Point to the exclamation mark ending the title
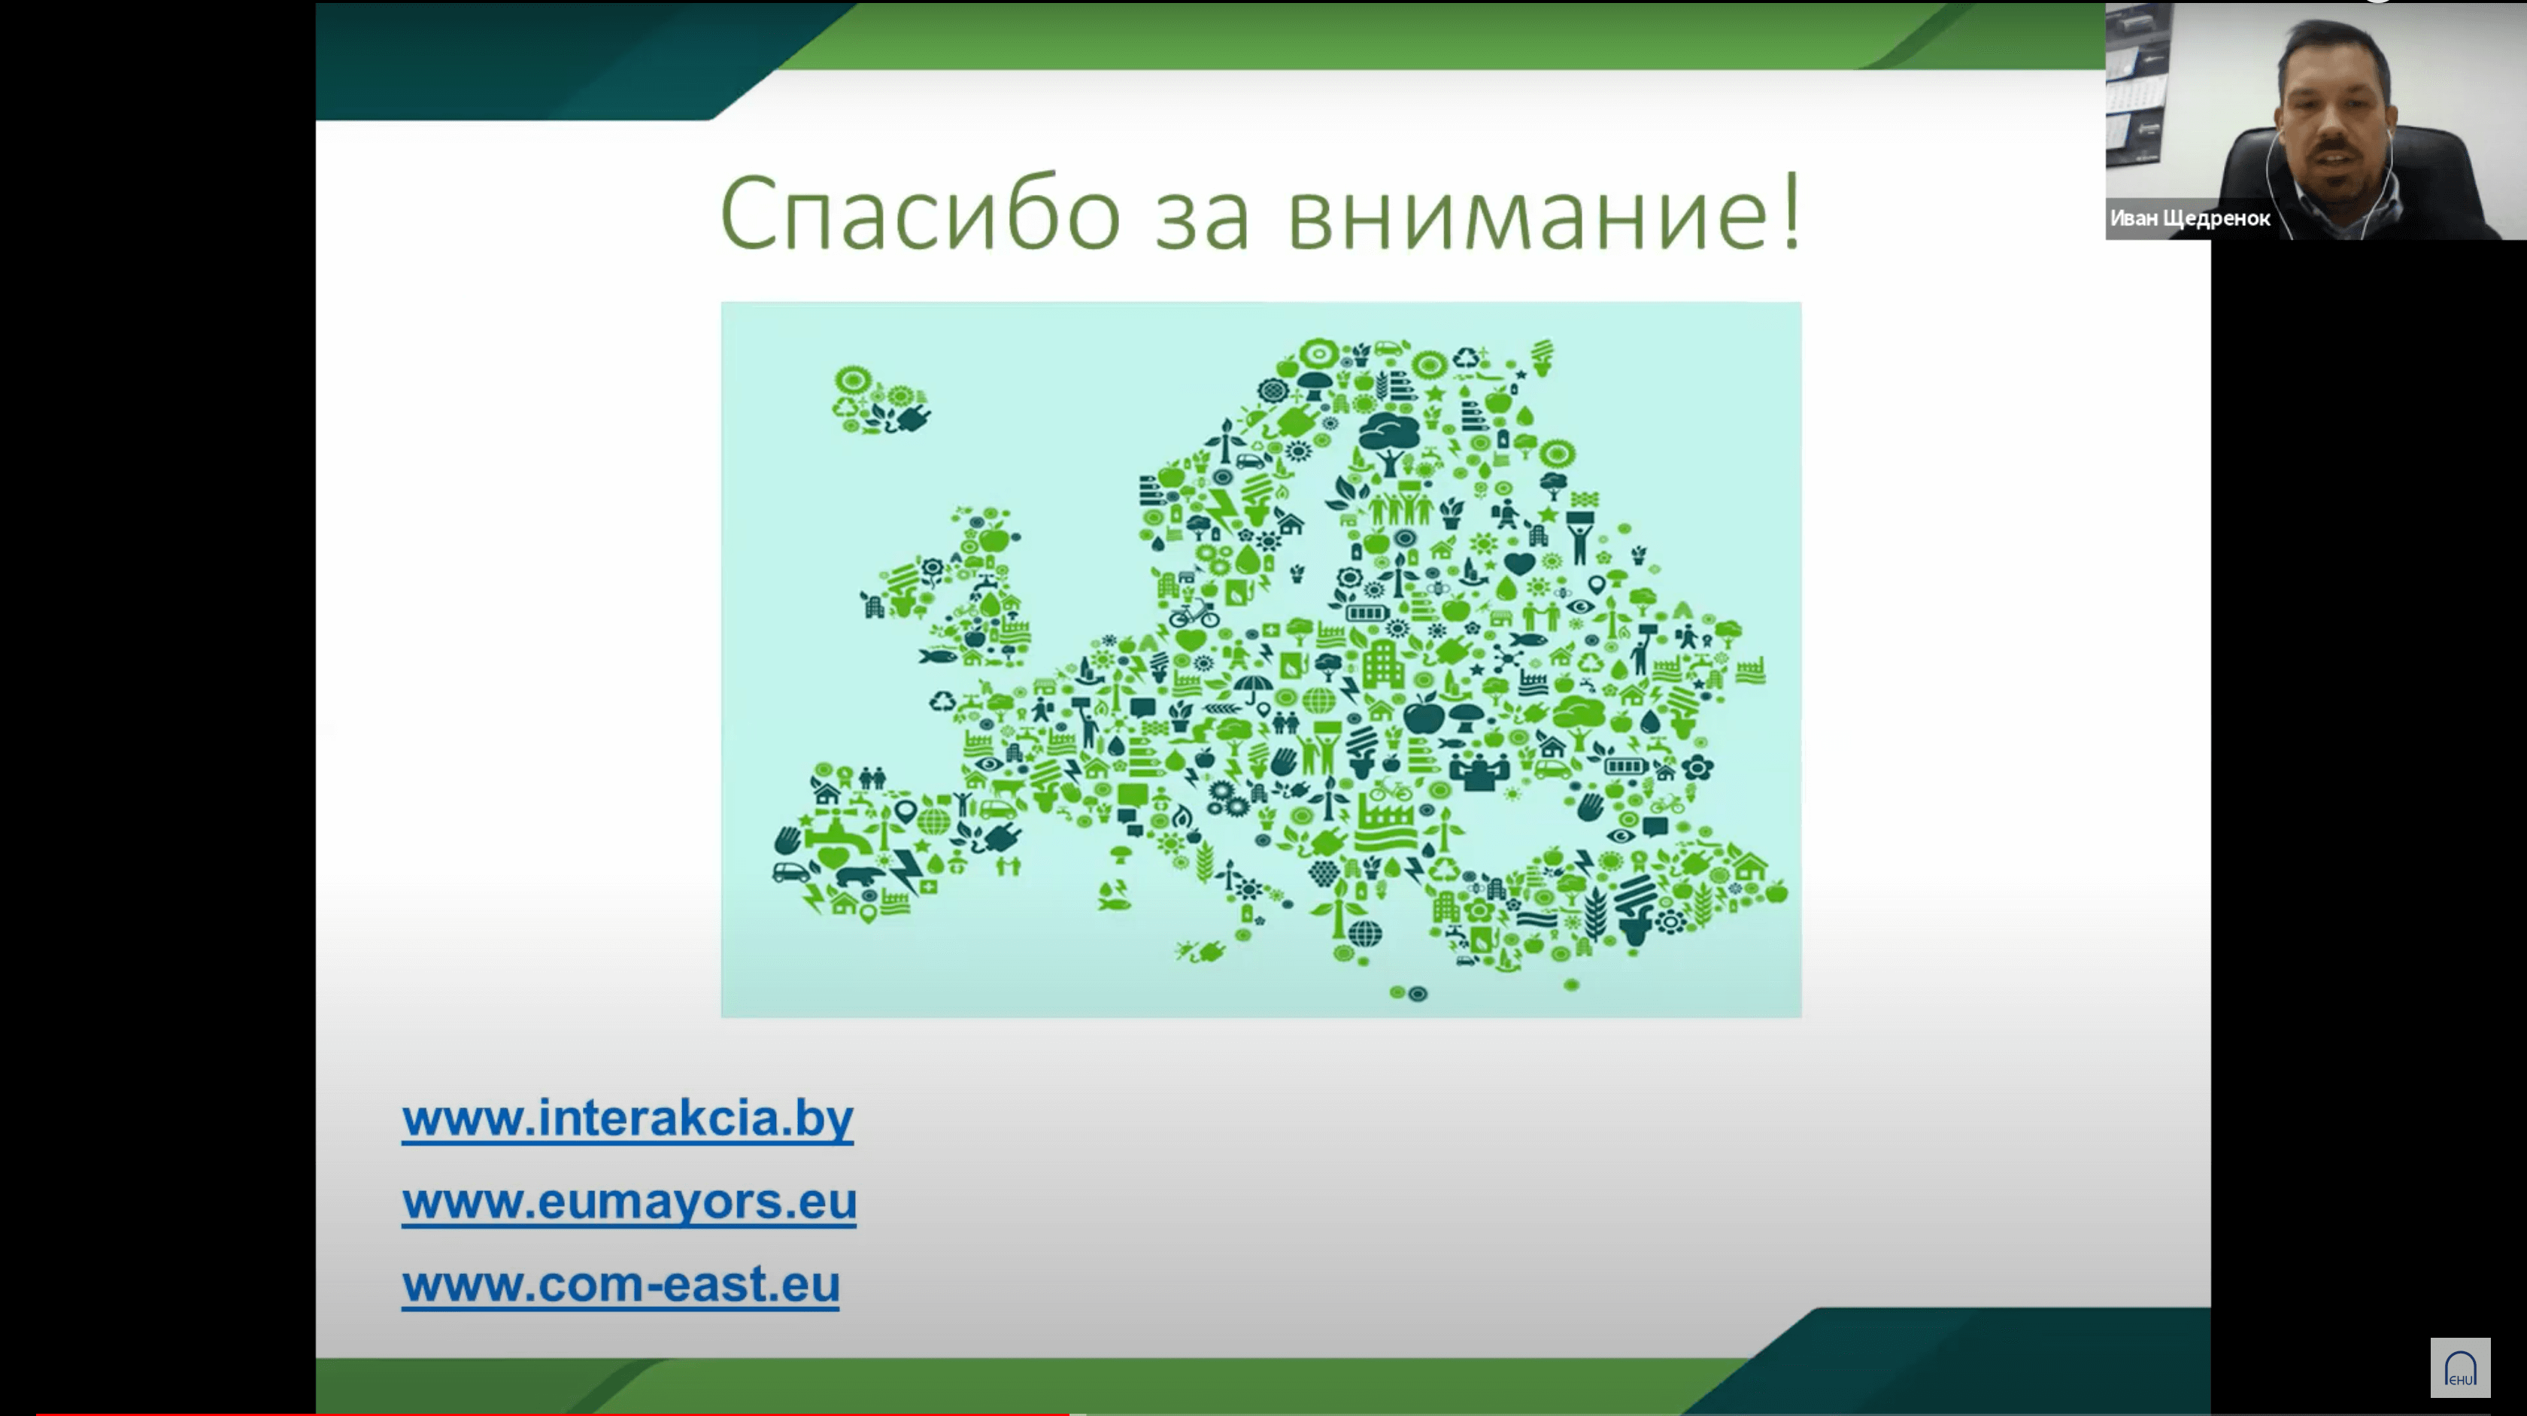click(x=1791, y=210)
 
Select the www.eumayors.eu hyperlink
click(x=629, y=1201)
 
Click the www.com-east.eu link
click(x=621, y=1284)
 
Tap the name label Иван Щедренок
click(x=2189, y=218)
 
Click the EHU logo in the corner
click(x=2460, y=1367)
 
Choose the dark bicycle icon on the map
click(x=1194, y=615)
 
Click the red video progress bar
click(x=551, y=1412)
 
